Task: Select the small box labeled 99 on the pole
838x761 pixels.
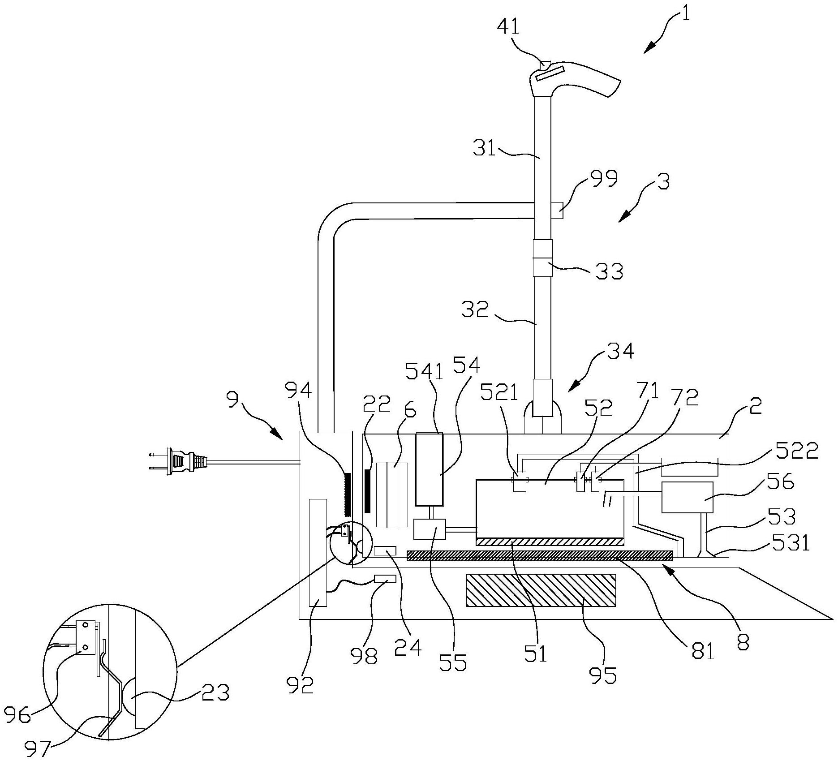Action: [557, 211]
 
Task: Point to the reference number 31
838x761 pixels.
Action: [484, 148]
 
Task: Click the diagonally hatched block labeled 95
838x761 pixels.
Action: [541, 590]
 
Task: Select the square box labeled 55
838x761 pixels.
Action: [430, 529]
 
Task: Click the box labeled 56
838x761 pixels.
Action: [687, 497]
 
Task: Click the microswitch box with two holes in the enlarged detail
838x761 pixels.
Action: [86, 637]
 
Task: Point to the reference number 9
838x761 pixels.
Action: [232, 399]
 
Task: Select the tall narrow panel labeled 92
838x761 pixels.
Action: [318, 553]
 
